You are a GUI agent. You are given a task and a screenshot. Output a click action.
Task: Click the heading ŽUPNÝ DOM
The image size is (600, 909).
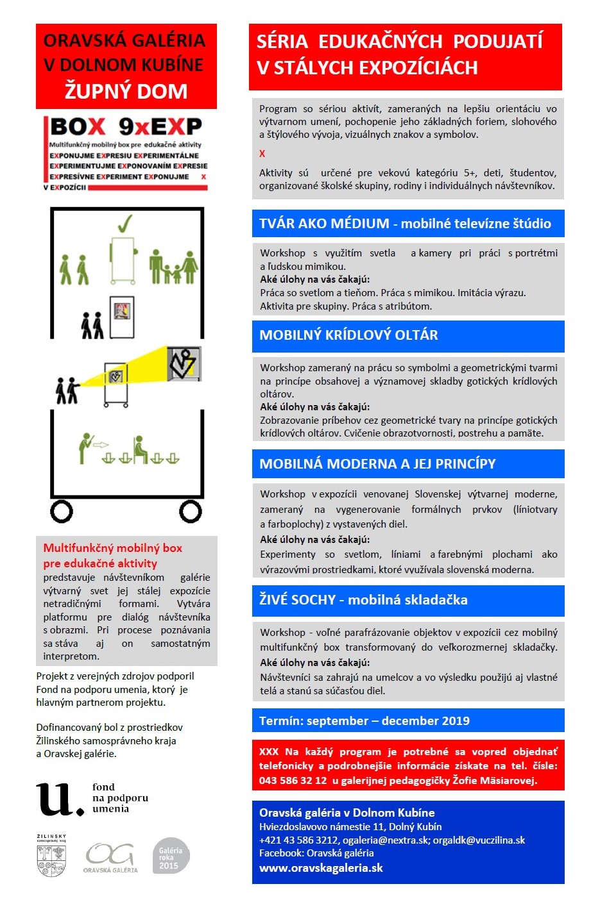pyautogui.click(x=126, y=91)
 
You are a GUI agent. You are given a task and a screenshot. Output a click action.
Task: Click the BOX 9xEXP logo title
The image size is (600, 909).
pyautogui.click(x=126, y=126)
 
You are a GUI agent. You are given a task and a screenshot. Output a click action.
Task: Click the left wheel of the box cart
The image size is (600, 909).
pyautogui.click(x=62, y=512)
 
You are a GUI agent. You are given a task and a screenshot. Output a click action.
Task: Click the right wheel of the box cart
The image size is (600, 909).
pyautogui.click(x=190, y=512)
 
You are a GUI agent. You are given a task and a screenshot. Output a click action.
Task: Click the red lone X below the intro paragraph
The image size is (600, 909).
pyautogui.click(x=262, y=154)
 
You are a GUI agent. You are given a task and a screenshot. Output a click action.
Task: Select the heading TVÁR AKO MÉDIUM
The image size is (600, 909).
pyautogui.click(x=323, y=224)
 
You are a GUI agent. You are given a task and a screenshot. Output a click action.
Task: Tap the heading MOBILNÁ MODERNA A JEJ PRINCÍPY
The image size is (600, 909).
pyautogui.click(x=377, y=463)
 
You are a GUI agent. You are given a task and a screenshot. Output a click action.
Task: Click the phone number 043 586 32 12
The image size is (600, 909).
pyautogui.click(x=293, y=780)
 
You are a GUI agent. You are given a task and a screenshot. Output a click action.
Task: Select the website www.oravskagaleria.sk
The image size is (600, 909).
pyautogui.click(x=321, y=868)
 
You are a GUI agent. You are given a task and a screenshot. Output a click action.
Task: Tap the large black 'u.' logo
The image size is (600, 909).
pyautogui.click(x=59, y=799)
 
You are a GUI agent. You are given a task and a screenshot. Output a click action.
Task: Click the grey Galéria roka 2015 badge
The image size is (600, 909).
pyautogui.click(x=171, y=856)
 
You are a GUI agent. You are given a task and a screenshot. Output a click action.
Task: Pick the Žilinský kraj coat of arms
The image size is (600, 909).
pyautogui.click(x=51, y=859)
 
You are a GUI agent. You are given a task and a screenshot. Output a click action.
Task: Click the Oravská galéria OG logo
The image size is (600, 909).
pyautogui.click(x=110, y=856)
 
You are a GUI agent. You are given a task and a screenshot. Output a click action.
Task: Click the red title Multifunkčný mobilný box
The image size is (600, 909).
pyautogui.click(x=112, y=548)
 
